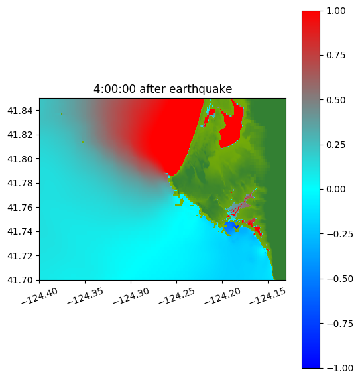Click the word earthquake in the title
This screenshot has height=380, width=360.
coord(200,89)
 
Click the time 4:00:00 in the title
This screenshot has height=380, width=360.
coord(115,89)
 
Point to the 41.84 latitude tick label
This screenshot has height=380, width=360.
coord(20,111)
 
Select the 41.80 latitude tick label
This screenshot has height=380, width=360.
coord(20,159)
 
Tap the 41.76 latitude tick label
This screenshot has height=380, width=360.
coord(20,208)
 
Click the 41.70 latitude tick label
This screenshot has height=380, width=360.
coord(20,280)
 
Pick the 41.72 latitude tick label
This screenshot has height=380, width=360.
coord(20,256)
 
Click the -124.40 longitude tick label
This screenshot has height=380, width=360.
coord(40,296)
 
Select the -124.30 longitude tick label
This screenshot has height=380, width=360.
coord(131,296)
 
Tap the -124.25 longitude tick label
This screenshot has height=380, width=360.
coord(177,296)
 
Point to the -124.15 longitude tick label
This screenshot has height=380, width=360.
coord(268,296)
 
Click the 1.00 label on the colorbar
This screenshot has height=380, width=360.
coord(335,11)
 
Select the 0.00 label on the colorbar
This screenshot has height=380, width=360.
coord(335,189)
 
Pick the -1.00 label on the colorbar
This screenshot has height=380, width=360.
coord(339,368)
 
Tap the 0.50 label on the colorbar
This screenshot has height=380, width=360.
coord(335,100)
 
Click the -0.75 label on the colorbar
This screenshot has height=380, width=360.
coord(339,324)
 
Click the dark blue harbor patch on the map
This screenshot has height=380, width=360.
coord(231,227)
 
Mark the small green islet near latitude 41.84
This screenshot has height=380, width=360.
coord(62,113)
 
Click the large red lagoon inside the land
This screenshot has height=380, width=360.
coord(231,127)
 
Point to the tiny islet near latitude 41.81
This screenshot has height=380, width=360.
coord(83,143)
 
